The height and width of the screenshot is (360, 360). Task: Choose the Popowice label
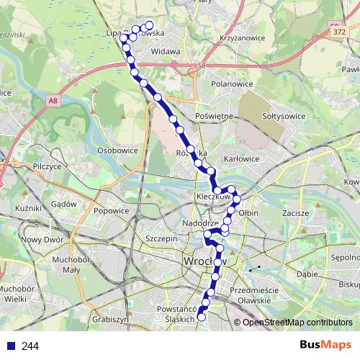[x=111, y=211]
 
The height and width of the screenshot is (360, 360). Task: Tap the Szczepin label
[x=161, y=238]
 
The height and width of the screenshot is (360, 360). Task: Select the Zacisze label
[x=296, y=213]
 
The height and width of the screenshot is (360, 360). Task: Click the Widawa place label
[x=166, y=52]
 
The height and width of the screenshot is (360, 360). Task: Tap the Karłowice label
[x=242, y=158]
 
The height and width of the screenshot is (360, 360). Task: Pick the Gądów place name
[x=64, y=204]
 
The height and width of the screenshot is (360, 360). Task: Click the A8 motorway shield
[x=54, y=102]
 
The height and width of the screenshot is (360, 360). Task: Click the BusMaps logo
[x=325, y=346]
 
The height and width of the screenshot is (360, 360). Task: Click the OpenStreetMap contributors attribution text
[x=297, y=323]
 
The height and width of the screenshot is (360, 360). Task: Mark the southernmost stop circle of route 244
[x=202, y=316]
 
